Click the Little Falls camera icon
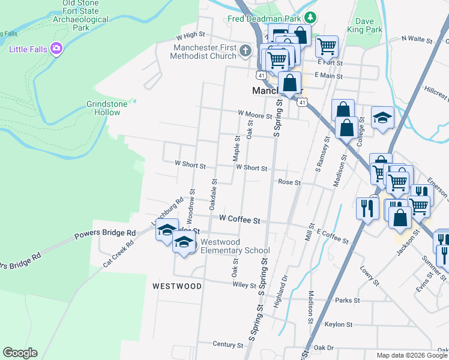coord(56,48)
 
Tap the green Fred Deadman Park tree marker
coord(310,18)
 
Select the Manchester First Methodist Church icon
coord(245,52)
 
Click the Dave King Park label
coord(369,25)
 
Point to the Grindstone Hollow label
coord(107,108)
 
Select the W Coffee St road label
coord(240,220)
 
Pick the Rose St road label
coord(289,182)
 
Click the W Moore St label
coord(255,113)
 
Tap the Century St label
coord(228,345)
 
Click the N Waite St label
coord(417,39)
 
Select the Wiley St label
coord(244,285)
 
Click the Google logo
coord(20,353)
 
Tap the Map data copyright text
coord(412,355)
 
